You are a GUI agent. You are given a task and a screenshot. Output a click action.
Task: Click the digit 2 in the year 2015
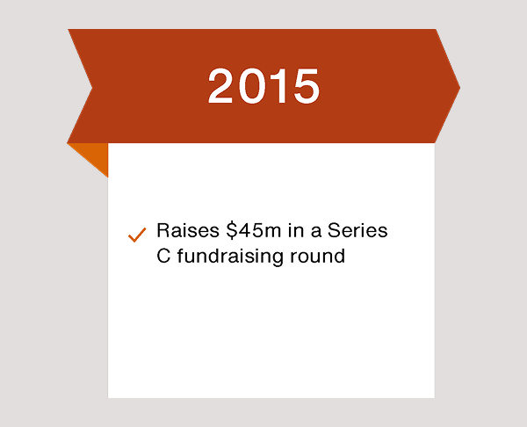coord(220,86)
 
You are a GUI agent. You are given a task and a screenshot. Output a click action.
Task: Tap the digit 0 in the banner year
coord(250,86)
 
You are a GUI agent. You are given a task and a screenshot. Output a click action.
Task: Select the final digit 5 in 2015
coord(307,86)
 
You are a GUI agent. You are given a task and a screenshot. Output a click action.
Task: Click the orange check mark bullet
coord(137,235)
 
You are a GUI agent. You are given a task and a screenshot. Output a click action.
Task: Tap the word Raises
coord(188,230)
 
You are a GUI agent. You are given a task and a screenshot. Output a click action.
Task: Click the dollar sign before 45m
coord(232,230)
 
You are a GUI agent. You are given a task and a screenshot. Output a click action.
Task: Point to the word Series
coord(357,230)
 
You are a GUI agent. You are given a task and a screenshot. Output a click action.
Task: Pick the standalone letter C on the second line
coord(163,257)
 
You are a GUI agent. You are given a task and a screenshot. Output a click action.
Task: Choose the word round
coord(317,257)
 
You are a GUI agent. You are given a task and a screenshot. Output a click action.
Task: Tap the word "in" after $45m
coord(295,230)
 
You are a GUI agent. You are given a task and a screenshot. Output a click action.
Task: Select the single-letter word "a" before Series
coord(315,233)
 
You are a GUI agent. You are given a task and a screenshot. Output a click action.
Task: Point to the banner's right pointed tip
coord(460,87)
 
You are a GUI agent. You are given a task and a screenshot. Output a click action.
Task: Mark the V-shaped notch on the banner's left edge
coord(92,88)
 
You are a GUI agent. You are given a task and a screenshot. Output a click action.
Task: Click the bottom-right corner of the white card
coord(435,398)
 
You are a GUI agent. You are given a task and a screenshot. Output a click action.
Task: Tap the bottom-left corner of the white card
coord(108,398)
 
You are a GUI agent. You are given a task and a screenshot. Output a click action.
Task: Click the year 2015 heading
coord(263,86)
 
